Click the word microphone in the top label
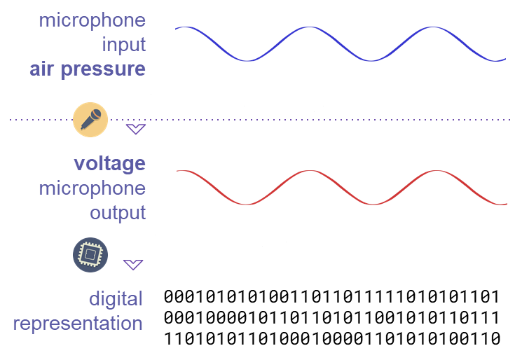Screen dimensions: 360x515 [92, 20]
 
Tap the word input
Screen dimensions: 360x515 [123, 44]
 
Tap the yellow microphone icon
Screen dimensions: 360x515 [91, 119]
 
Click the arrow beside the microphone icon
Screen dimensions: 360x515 [135, 129]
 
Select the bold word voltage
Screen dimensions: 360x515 [109, 164]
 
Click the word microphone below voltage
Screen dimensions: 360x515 [92, 188]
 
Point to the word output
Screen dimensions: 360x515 [117, 213]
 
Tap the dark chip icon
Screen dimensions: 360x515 [90, 255]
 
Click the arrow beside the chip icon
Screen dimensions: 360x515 [133, 264]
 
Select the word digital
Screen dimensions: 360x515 [115, 299]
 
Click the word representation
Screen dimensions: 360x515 [78, 324]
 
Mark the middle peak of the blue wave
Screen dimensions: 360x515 [306, 27]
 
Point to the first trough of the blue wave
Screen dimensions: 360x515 [245, 61]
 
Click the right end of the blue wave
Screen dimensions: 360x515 [505, 60]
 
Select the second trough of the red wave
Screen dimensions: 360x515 [373, 205]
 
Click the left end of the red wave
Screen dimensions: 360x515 [177, 170]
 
